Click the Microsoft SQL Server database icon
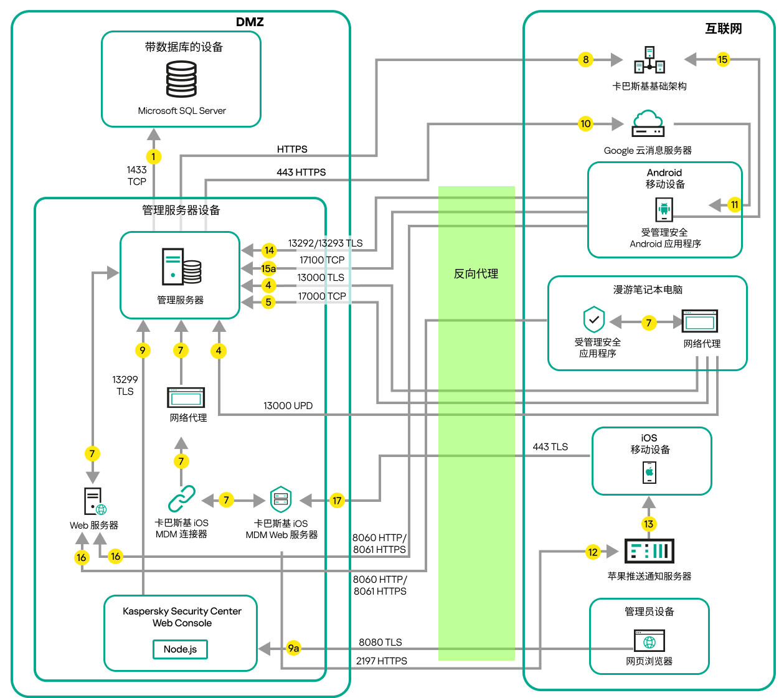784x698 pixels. point(181,79)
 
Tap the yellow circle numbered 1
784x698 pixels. point(153,157)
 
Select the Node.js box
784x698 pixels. point(180,649)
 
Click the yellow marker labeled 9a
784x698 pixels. point(293,648)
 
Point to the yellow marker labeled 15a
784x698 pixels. point(268,268)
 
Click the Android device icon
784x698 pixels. point(664,210)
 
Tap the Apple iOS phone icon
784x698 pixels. point(649,472)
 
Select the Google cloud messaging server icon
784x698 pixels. point(648,123)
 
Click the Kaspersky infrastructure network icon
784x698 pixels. point(649,60)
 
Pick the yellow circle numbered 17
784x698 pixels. point(337,500)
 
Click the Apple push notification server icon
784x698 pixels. point(649,551)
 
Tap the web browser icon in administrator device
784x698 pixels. point(649,641)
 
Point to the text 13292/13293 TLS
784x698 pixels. point(325,243)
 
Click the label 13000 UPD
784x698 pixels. point(288,406)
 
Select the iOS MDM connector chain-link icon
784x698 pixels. point(181,499)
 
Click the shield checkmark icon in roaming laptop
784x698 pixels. point(594,320)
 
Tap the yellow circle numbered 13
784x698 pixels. point(649,524)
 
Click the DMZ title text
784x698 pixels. point(250,22)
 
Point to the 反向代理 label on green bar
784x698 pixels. point(476,274)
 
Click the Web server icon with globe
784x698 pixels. point(95,502)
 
